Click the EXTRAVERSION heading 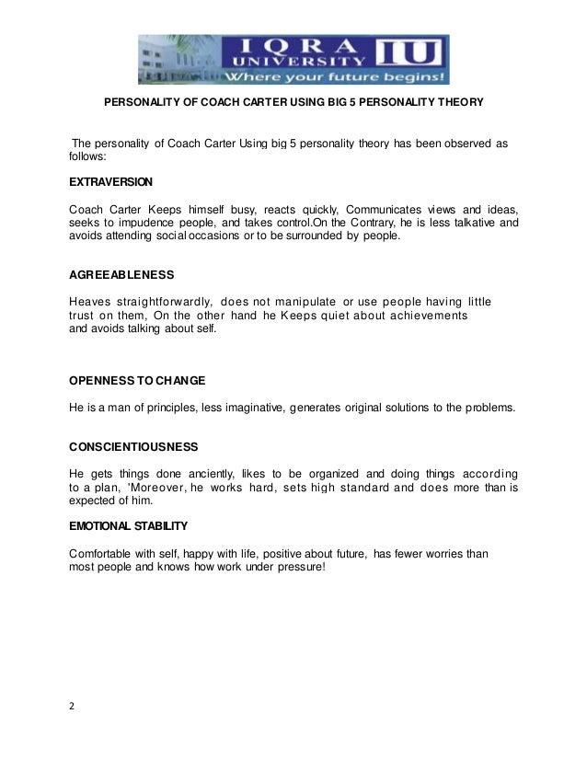(x=111, y=182)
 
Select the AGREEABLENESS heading (x=121, y=275)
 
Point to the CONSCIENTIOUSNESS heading (x=133, y=447)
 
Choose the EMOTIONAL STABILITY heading (x=128, y=526)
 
